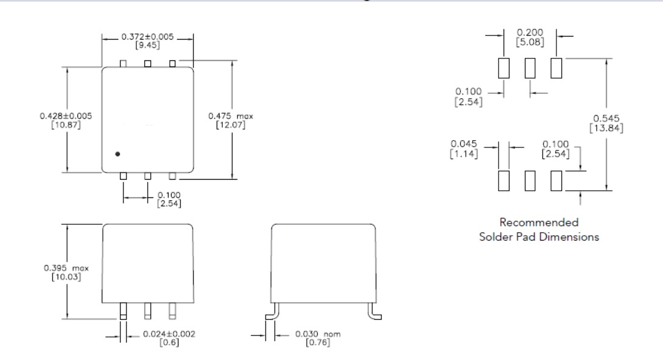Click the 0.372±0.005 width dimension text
tap(148, 37)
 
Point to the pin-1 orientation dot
tap(118, 154)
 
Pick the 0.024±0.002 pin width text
tap(164, 334)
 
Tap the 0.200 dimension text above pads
tap(530, 32)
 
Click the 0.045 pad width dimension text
tap(464, 144)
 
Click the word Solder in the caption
tap(494, 236)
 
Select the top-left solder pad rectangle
tap(503, 68)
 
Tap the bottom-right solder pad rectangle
tap(556, 181)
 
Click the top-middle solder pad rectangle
tap(530, 68)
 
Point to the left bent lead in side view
tap(271, 314)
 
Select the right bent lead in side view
tap(373, 314)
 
